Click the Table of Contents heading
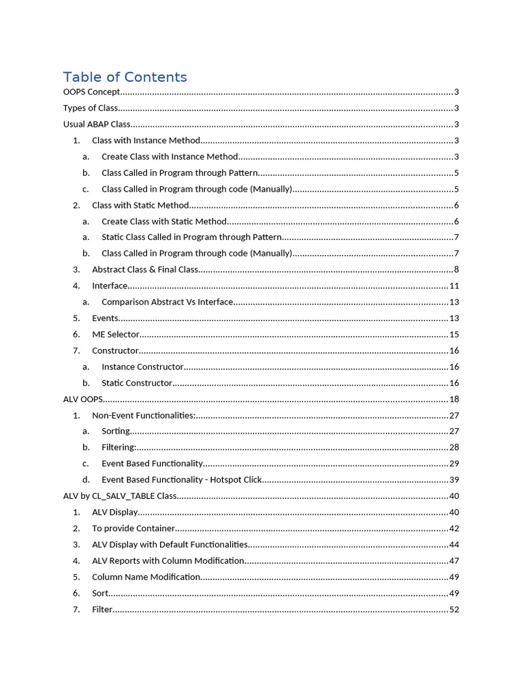tap(125, 77)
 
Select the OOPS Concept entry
tap(92, 92)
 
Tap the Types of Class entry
tap(91, 108)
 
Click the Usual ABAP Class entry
tap(97, 125)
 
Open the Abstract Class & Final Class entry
tap(145, 270)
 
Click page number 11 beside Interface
tap(454, 286)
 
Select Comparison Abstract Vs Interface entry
tap(168, 302)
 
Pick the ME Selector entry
tap(116, 335)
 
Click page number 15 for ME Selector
tap(454, 335)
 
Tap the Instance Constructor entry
tap(142, 367)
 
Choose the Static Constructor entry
tap(137, 384)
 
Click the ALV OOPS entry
tap(83, 399)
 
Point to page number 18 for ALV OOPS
tap(454, 399)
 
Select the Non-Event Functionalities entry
tap(144, 416)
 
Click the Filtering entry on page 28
tap(119, 448)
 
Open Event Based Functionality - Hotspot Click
tap(182, 480)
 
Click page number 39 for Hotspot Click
tap(454, 480)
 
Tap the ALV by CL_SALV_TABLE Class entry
tap(120, 496)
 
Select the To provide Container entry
tap(133, 529)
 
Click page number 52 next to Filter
tap(454, 609)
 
